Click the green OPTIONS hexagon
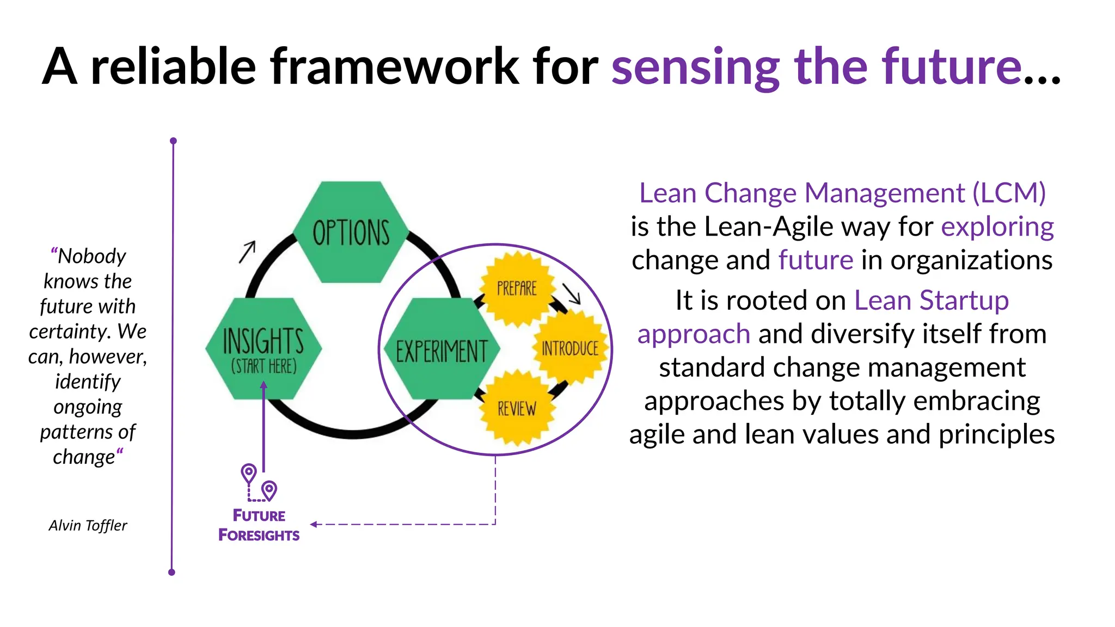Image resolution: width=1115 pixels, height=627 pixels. (x=351, y=232)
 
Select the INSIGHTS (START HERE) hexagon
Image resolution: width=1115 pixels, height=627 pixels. (x=264, y=349)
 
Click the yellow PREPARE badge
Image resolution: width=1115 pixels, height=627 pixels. (x=517, y=288)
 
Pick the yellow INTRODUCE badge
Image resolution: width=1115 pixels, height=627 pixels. (x=570, y=348)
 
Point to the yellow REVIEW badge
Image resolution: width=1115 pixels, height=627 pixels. (x=517, y=408)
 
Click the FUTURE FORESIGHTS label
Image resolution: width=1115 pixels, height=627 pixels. (x=259, y=525)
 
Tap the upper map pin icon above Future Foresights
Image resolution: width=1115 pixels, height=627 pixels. (x=249, y=472)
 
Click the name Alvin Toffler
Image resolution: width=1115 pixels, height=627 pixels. (x=88, y=525)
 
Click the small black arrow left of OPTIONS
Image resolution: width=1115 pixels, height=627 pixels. (x=247, y=251)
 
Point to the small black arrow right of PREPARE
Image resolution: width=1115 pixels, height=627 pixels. (x=572, y=293)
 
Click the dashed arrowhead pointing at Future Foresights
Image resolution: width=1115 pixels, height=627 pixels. (x=314, y=524)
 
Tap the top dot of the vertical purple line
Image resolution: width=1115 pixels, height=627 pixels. (x=173, y=141)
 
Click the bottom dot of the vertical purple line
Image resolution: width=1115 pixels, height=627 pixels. (x=171, y=572)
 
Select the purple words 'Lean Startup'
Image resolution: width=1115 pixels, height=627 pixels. (x=931, y=300)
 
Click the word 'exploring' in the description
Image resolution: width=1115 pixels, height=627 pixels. (x=997, y=226)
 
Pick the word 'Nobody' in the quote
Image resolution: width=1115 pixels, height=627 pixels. (x=91, y=256)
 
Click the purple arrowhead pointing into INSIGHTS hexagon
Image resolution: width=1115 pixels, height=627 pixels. (x=264, y=385)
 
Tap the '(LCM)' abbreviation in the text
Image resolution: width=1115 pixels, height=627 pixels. (x=1009, y=193)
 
